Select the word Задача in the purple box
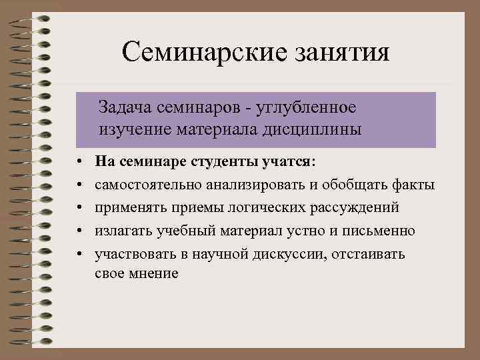click(x=123, y=107)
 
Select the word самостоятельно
click(x=147, y=185)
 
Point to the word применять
click(x=127, y=207)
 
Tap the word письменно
click(x=381, y=231)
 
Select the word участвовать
click(x=135, y=254)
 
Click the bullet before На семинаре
click(x=79, y=162)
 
